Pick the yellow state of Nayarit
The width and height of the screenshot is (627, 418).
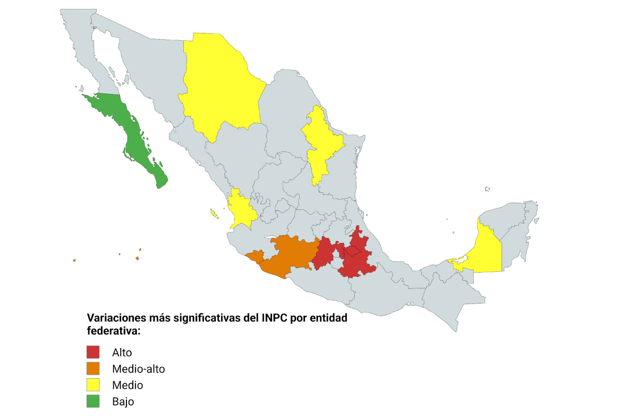point(240,209)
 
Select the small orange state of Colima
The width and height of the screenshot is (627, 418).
point(256,256)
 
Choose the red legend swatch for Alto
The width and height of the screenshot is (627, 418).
point(93,352)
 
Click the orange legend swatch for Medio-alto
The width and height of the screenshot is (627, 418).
point(93,368)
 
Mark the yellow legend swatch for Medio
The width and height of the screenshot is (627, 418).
point(93,385)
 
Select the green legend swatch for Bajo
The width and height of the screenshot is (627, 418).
point(93,401)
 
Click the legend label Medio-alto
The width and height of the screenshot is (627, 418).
point(138,369)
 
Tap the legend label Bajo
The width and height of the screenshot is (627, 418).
point(123,402)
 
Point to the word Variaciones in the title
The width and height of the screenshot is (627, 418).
point(115,318)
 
